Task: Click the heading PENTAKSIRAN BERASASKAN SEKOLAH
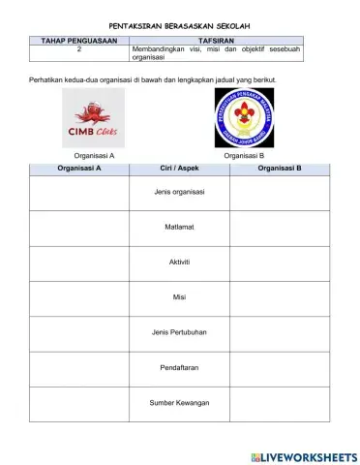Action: [179, 28]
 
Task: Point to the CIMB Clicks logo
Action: [94, 118]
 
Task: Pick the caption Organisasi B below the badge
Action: [244, 154]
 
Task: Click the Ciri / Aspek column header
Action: [179, 168]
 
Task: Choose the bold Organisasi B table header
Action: [280, 168]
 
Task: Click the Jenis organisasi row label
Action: [179, 192]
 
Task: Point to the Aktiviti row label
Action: [179, 262]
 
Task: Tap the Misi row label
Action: [179, 296]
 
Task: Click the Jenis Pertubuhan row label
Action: [179, 332]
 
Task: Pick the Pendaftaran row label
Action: [179, 367]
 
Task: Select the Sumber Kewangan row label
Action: [179, 402]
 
